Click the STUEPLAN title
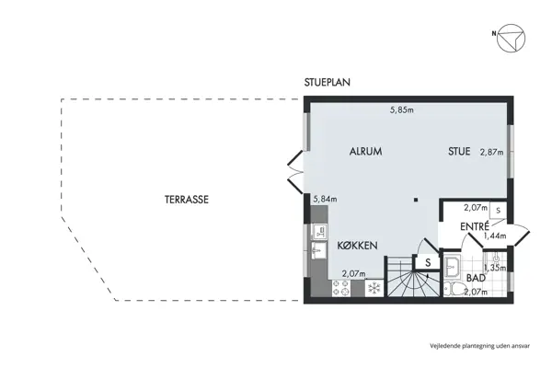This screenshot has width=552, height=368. click(x=328, y=82)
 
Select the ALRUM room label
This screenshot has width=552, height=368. click(x=365, y=152)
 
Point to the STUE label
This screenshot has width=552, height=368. click(x=459, y=152)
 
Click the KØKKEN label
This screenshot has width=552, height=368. click(x=356, y=245)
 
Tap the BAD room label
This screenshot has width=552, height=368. click(x=476, y=277)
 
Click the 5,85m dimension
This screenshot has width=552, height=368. click(x=401, y=110)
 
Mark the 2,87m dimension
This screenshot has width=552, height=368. click(x=491, y=153)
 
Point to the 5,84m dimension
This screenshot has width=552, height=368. click(x=326, y=198)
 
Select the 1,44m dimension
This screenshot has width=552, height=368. click(x=495, y=236)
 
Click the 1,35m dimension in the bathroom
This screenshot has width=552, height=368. click(x=495, y=268)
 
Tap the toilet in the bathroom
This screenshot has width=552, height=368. click(x=454, y=290)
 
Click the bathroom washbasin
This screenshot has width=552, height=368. click(x=453, y=269)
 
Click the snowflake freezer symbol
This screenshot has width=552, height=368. click(x=374, y=288)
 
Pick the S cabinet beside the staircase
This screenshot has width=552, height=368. click(x=428, y=262)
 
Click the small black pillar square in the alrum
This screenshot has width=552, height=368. click(x=416, y=199)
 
